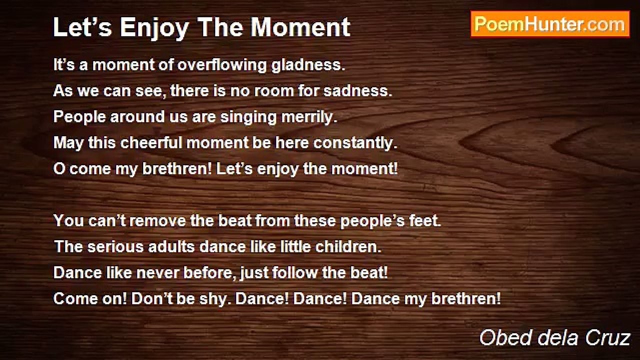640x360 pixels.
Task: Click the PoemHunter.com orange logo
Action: (550, 24)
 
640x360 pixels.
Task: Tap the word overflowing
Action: (222, 65)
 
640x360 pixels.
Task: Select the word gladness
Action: (308, 65)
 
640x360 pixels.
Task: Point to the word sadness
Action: (357, 91)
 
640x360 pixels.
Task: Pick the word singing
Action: (248, 117)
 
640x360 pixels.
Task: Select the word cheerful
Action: (151, 143)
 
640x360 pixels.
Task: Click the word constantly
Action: (355, 143)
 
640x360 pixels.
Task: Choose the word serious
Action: (115, 247)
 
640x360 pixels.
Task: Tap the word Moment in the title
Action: (300, 27)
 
